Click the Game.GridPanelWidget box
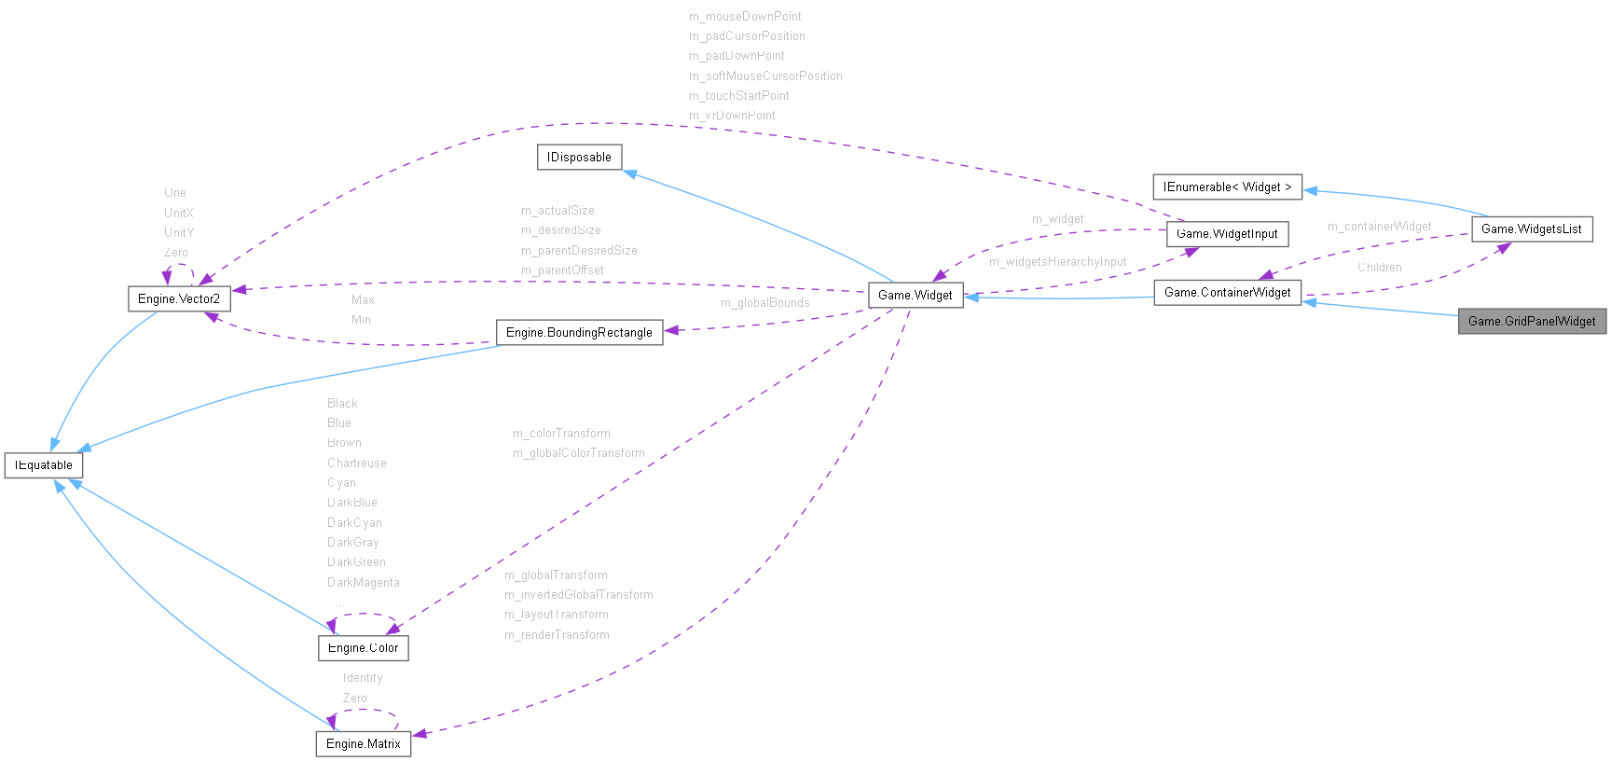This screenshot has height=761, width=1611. pos(1532,322)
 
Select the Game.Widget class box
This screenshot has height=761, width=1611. pos(915,296)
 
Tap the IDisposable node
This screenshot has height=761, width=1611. pos(579,158)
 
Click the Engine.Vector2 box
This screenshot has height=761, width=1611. pos(179,299)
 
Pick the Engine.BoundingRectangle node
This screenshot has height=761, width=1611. pos(579,333)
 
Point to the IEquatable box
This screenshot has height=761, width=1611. pos(44,465)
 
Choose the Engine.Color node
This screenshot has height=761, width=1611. pos(363,648)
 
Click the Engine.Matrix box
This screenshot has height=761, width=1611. pos(363,744)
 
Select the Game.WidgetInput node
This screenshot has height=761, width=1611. pos(1227,234)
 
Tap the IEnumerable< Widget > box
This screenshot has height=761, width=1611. pos(1227,187)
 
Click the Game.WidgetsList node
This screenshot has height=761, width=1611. pos(1532,229)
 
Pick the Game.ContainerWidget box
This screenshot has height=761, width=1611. pos(1227,293)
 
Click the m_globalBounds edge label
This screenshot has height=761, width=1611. pos(764,303)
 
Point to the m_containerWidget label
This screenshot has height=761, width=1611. pos(1379,227)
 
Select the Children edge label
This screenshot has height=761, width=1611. pos(1379,268)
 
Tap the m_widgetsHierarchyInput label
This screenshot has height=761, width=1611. pos(1057,262)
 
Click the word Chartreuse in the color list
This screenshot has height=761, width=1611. pos(356,464)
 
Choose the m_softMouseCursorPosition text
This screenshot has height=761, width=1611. pos(765,76)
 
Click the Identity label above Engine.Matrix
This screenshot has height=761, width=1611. pos(363,678)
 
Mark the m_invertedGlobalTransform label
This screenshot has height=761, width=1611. pos(578,595)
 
